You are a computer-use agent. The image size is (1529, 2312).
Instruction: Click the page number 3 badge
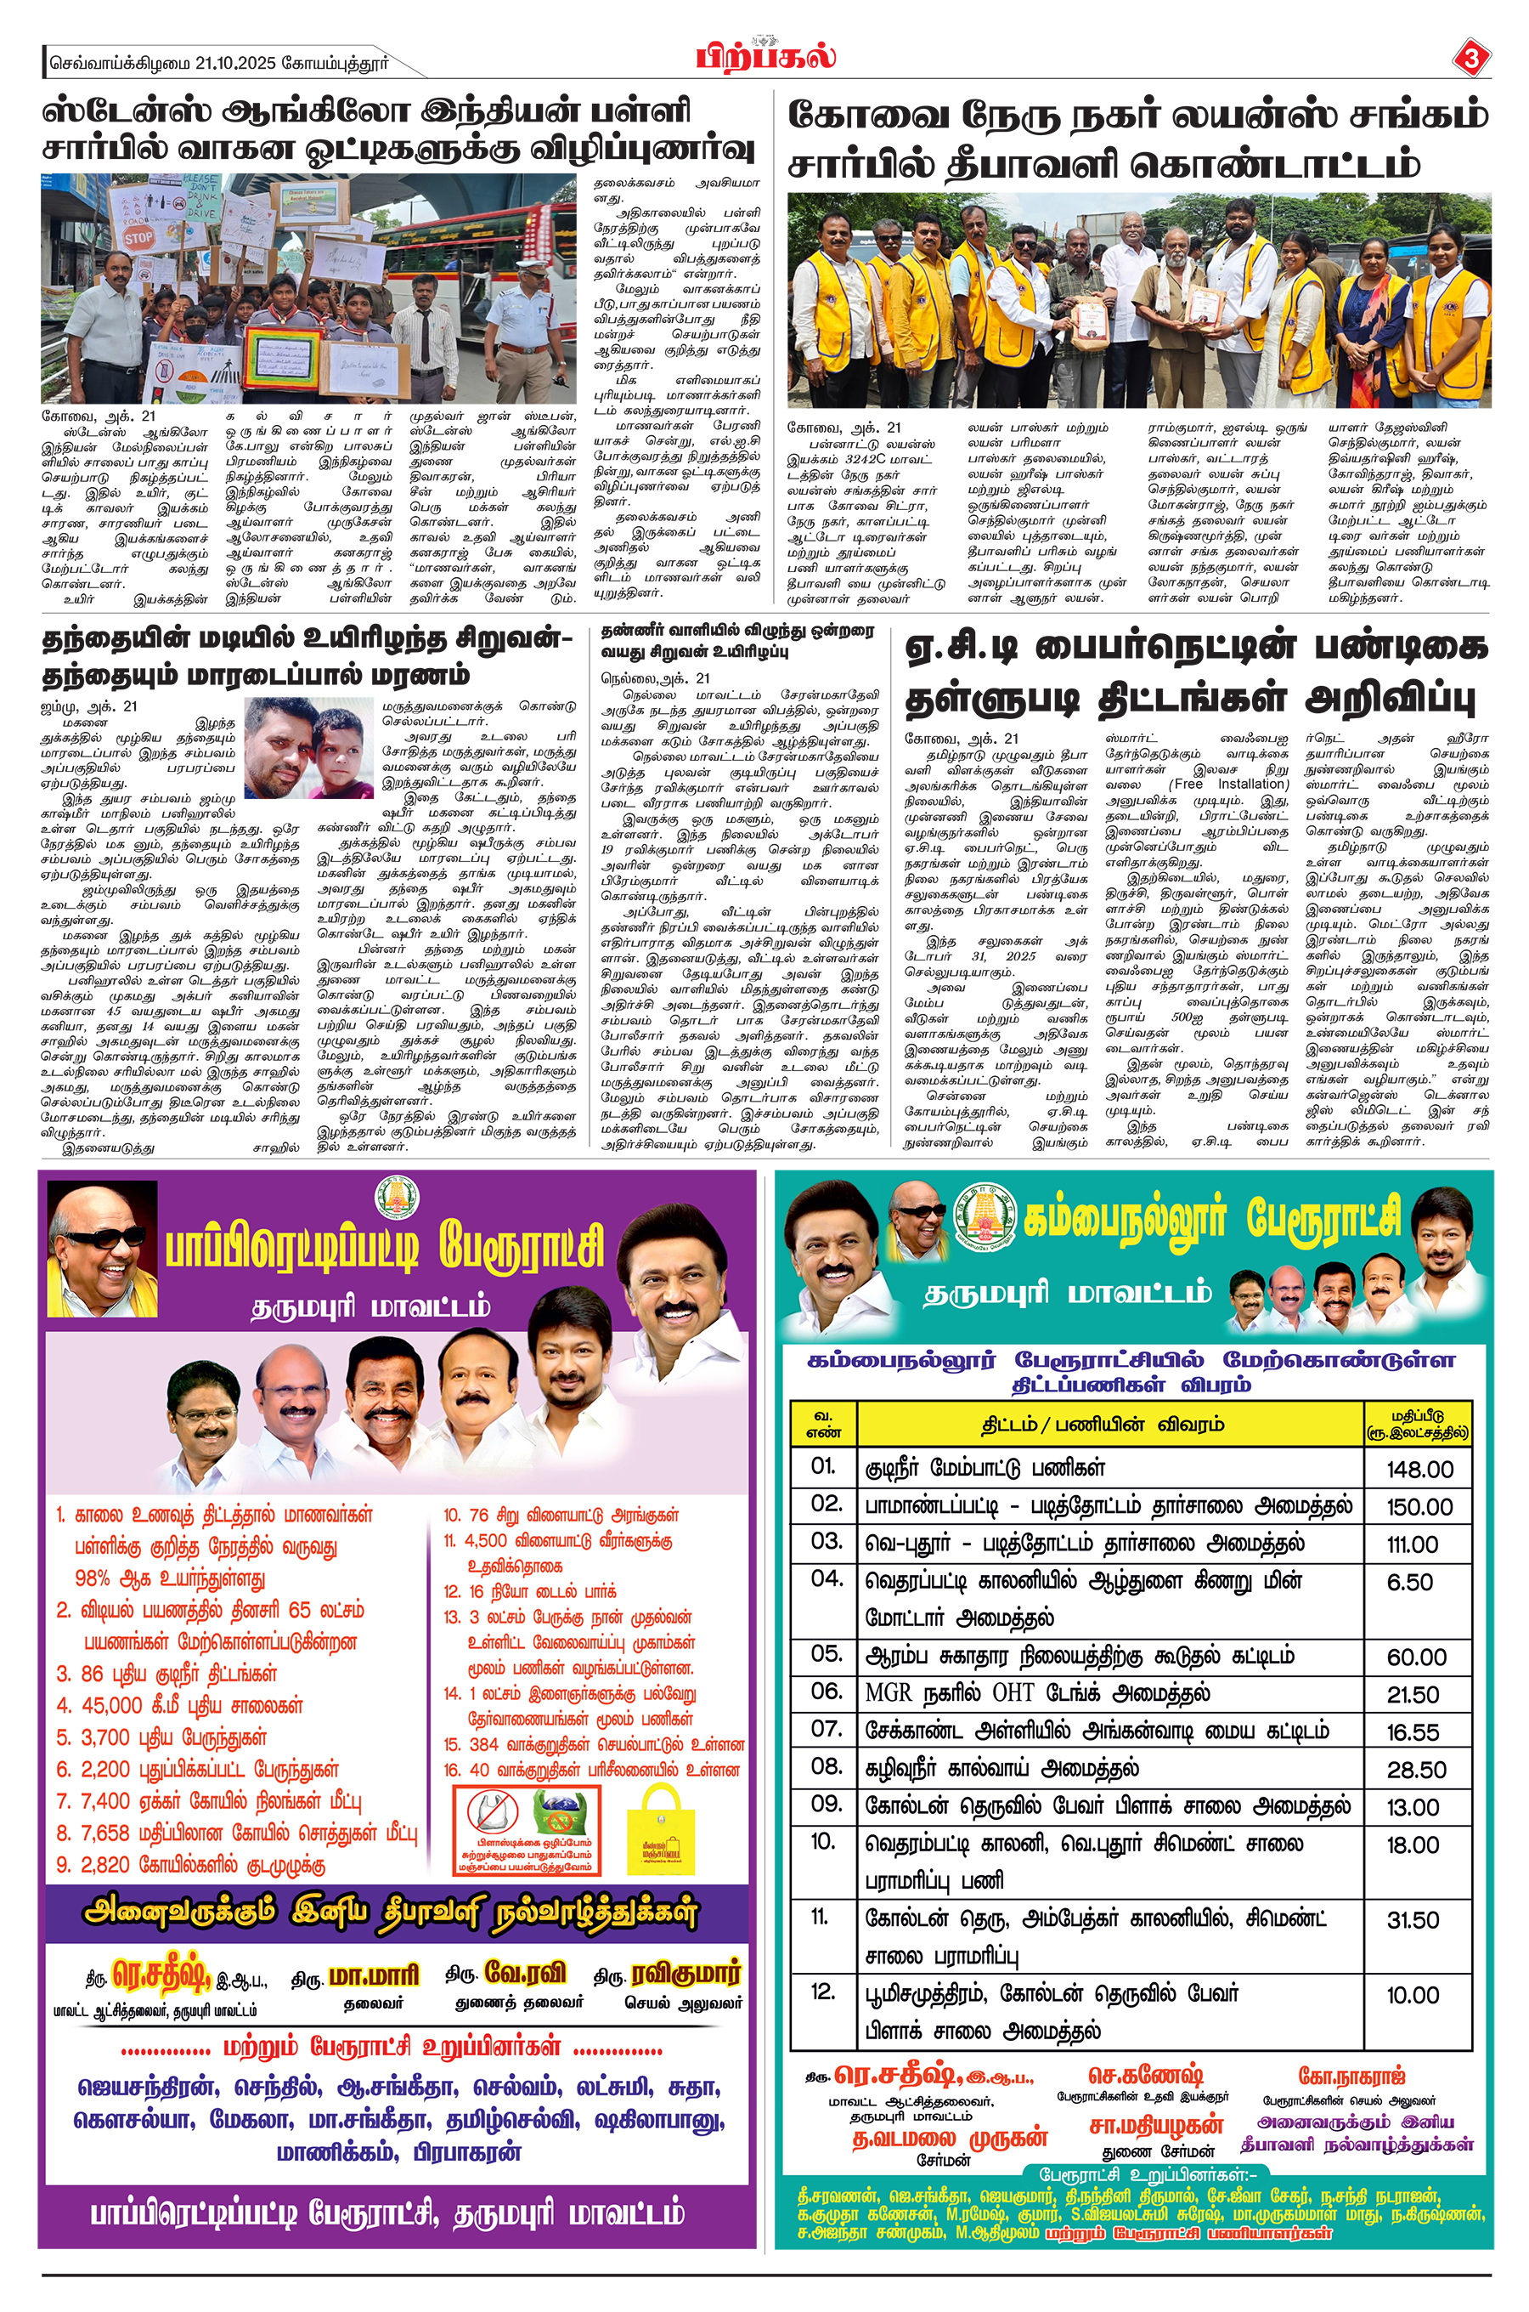[1470, 59]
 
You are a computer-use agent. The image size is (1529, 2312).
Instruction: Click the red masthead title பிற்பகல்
[765, 55]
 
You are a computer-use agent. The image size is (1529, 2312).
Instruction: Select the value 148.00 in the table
[1419, 1469]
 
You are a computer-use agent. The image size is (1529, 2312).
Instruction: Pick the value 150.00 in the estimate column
[1419, 1507]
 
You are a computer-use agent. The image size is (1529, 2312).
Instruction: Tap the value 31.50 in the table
[1412, 1920]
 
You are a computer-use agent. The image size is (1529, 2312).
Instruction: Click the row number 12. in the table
[823, 1992]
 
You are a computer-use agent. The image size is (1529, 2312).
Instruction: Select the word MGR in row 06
[889, 1692]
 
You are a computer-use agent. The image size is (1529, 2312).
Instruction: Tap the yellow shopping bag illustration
[660, 1831]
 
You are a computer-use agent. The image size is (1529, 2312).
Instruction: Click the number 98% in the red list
[94, 1578]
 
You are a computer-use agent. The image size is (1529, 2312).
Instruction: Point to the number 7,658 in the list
[105, 1832]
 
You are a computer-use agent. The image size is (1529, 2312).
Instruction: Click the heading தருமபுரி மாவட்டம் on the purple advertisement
[370, 1307]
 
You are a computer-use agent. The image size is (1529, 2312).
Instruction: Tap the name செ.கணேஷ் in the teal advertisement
[1145, 2075]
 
